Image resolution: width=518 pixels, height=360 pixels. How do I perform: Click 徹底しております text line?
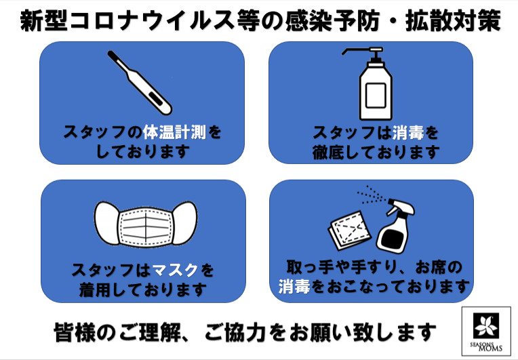pyautogui.click(x=376, y=153)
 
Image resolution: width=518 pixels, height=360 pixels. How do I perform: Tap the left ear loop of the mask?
pyautogui.click(x=105, y=220)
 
